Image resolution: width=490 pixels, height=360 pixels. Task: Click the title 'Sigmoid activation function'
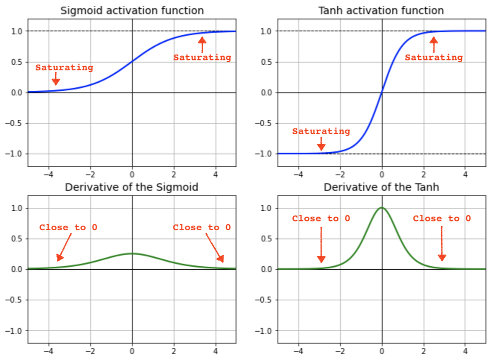pos(132,11)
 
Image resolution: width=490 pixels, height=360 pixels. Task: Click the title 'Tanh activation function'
pos(381,11)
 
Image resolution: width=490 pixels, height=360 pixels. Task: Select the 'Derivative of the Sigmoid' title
pos(132,187)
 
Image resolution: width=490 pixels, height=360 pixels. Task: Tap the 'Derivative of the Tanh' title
pos(381,187)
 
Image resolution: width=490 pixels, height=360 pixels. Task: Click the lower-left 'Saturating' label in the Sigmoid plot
pos(64,68)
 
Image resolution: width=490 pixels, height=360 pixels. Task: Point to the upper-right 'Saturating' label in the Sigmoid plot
pos(202,58)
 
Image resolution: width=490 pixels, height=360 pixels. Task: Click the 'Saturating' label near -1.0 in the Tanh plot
pos(321,132)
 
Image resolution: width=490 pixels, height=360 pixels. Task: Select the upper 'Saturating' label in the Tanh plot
pos(434,58)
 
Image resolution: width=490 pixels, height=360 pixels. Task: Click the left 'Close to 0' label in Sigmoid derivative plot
pos(68,227)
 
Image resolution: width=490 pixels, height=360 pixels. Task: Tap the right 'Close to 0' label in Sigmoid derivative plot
pos(202,227)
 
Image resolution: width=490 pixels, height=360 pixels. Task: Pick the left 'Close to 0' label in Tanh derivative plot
pos(321,218)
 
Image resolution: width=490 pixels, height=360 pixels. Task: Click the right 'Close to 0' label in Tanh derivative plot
pos(442,218)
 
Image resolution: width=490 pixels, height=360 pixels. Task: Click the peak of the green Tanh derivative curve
pos(382,208)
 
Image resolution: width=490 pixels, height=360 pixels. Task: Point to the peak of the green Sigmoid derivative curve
pos(132,253)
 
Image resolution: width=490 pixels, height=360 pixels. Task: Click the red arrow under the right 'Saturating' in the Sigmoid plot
pos(202,44)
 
